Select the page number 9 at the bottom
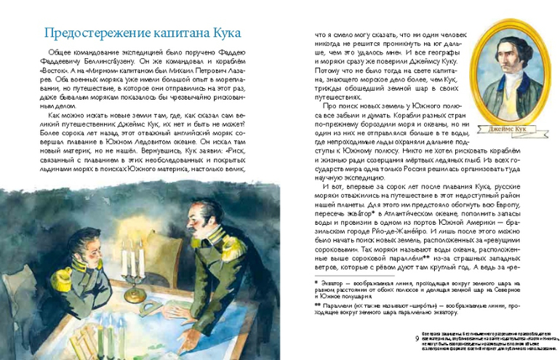click(416, 339)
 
